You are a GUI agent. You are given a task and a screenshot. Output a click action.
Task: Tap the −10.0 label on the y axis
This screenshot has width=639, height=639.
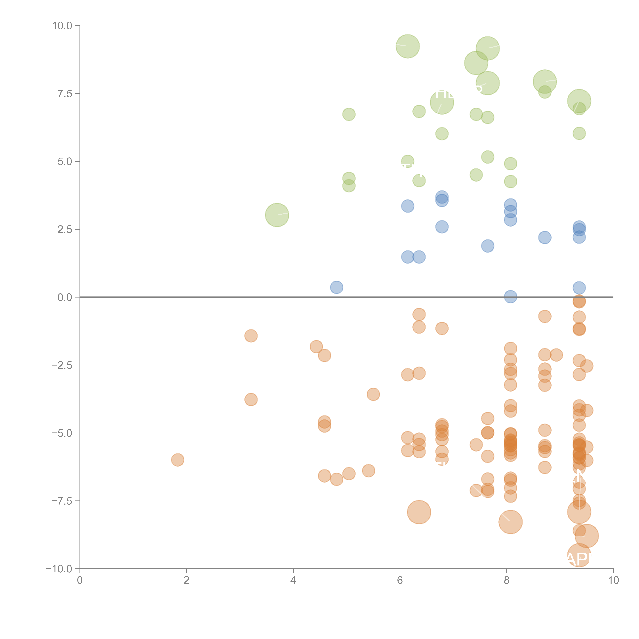[x=59, y=569]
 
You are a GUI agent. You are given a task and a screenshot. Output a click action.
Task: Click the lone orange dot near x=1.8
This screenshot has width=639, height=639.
[x=178, y=460]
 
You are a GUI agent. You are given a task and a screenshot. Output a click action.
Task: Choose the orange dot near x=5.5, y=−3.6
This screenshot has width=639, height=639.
[x=373, y=394]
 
